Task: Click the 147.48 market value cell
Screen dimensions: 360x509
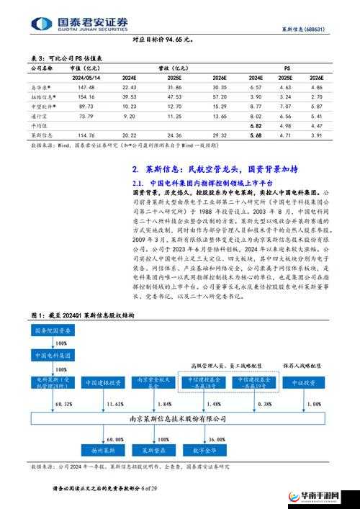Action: [x=86, y=86]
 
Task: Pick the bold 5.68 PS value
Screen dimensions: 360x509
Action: [x=255, y=135]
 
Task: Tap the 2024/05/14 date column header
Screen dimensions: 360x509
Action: [x=88, y=76]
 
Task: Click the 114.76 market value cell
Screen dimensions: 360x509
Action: [x=86, y=135]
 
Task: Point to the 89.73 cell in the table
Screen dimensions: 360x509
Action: [x=86, y=106]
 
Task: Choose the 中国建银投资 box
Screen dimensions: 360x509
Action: [x=105, y=382]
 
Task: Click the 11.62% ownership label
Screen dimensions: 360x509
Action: [x=114, y=405]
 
